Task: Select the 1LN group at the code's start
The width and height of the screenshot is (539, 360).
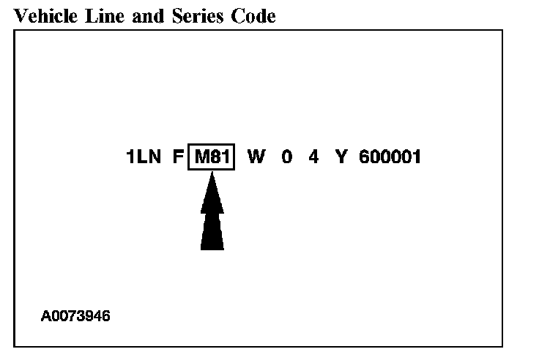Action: pos(144,157)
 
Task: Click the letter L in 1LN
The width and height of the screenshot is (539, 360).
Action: pos(143,157)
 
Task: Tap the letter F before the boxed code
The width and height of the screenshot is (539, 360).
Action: pos(178,157)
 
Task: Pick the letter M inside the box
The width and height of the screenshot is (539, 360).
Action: pos(201,157)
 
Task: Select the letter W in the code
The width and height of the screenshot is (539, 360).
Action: pos(256,157)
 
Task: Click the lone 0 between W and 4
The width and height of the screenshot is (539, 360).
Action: pos(286,157)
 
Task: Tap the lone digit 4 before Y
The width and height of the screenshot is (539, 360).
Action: pos(313,157)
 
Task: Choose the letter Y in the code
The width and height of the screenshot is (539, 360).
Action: pos(341,157)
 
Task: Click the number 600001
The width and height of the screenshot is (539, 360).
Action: pos(390,157)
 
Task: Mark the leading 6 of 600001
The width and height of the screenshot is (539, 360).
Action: pos(365,157)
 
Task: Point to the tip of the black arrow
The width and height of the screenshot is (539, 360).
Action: pos(212,173)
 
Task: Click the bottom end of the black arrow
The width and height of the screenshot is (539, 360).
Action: pos(212,247)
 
